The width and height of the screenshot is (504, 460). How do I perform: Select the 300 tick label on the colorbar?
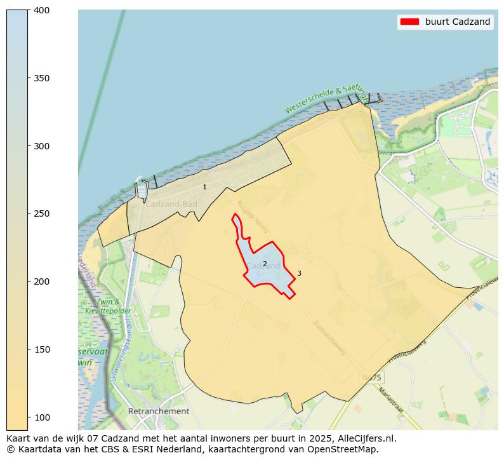(x=41, y=146)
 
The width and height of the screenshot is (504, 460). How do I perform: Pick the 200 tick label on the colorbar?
(x=41, y=281)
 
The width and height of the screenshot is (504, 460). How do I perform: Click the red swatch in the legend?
(x=409, y=22)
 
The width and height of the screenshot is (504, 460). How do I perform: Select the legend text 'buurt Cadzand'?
(x=458, y=22)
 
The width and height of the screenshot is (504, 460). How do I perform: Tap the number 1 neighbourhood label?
(x=204, y=187)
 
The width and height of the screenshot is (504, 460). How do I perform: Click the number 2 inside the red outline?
(x=265, y=264)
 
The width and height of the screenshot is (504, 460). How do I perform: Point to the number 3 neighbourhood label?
(x=299, y=273)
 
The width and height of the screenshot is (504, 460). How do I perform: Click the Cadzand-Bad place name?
(x=171, y=204)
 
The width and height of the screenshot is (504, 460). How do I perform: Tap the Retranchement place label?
(x=159, y=411)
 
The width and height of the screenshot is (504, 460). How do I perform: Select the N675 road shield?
(x=371, y=377)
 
